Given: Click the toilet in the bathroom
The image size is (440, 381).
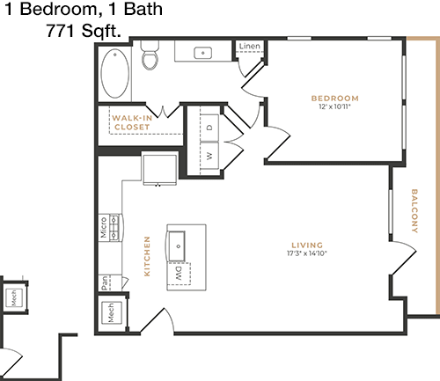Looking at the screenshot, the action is tap(150, 55).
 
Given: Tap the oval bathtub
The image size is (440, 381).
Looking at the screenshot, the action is tap(115, 73).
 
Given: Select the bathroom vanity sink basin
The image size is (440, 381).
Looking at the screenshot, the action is tap(203, 53).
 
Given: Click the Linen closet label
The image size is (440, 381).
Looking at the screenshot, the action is tap(249, 46).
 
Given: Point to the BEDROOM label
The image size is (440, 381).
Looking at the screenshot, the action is tap(334, 99).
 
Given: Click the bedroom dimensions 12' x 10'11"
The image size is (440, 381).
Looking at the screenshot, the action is tap(334, 106).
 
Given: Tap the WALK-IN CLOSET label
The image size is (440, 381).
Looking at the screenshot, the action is tap(132, 122).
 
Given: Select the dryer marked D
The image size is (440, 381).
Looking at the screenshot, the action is tap(209, 128).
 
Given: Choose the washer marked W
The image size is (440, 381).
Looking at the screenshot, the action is tap(209, 156).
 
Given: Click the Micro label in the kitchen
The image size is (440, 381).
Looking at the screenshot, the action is tap(103, 228).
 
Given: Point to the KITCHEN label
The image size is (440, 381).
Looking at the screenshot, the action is tap(147, 256).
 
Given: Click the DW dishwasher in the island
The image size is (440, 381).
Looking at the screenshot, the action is tap(180, 274).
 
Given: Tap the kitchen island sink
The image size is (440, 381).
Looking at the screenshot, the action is tap(176, 245).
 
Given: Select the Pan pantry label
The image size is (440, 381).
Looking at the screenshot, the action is tap(105, 282).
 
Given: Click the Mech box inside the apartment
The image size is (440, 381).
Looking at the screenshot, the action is tap(111, 313).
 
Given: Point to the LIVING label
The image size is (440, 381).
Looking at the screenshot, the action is tap(307, 245).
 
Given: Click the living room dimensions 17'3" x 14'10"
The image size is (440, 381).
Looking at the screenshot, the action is tap(307, 253).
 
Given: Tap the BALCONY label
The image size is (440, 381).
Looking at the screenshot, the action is tap(414, 211).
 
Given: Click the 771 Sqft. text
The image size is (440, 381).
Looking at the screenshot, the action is tap(84, 31).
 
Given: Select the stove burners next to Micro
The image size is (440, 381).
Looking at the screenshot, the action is tap(114, 228).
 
